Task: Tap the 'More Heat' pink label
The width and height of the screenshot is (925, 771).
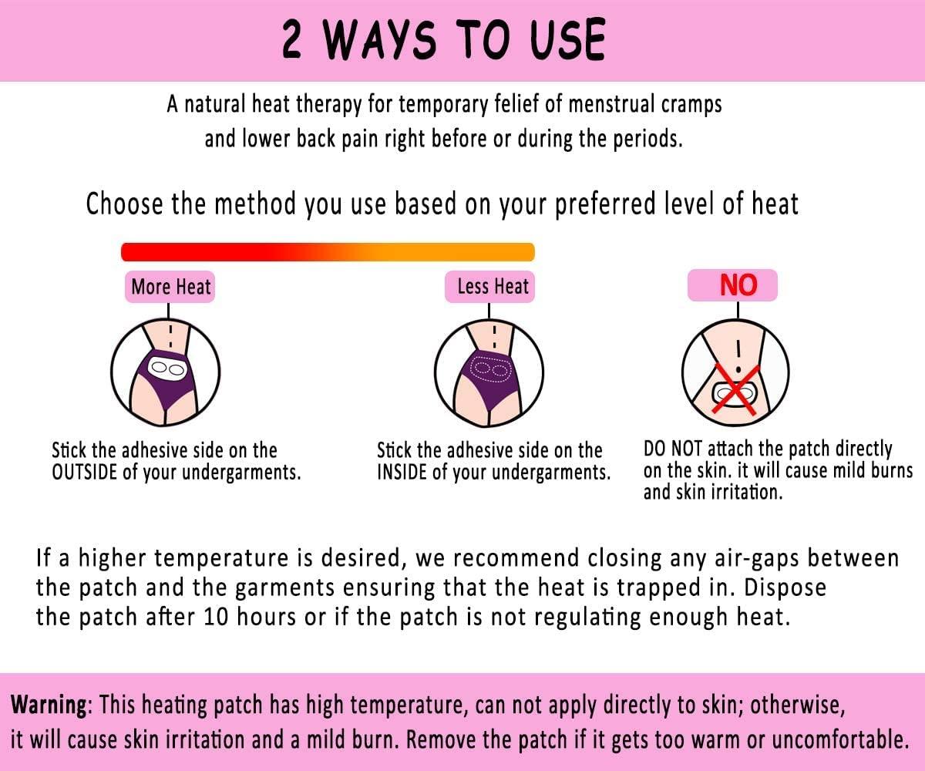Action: coord(170,287)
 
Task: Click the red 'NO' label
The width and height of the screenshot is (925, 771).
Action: coord(738,286)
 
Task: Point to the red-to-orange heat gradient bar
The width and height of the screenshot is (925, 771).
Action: coord(328,251)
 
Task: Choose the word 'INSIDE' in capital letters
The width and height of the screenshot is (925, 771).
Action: coord(402,472)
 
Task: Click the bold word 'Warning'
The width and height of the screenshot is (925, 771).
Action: coord(48,704)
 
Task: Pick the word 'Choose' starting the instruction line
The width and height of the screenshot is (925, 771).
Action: coord(124,204)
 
